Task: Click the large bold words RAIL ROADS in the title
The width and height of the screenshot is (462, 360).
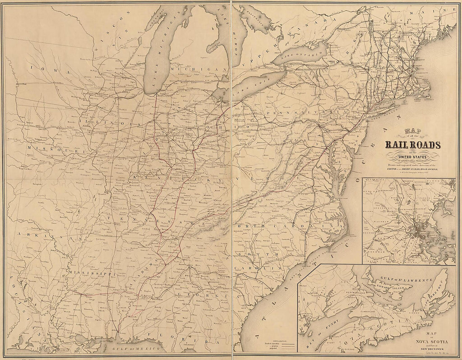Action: coord(413,145)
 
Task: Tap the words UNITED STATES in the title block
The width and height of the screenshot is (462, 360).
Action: coord(413,157)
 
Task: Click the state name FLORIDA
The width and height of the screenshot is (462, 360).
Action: coord(181,338)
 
